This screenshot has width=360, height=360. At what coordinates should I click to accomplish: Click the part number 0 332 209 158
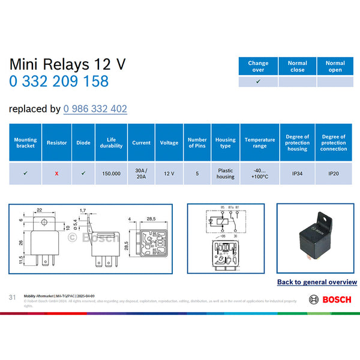coord(59,82)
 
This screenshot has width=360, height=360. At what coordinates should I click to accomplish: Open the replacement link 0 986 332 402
coord(95,109)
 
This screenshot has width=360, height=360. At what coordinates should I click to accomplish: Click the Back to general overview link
coord(317,281)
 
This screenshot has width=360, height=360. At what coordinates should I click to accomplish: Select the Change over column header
coord(258,66)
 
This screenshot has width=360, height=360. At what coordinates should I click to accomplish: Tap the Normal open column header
coord(335,66)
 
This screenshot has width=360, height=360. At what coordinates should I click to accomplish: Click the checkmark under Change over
coord(258,81)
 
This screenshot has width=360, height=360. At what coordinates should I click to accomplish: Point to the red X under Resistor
coord(56,173)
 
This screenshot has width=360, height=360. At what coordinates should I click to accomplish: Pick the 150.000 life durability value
coord(111,173)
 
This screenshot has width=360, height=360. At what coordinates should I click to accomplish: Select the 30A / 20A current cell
coord(141,173)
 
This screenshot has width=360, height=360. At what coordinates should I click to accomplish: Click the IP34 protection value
coord(297,173)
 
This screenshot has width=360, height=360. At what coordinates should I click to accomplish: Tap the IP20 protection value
coord(334,173)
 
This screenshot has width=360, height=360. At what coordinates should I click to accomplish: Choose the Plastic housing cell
coord(226,173)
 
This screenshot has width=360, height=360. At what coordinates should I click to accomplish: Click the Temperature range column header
coord(260,143)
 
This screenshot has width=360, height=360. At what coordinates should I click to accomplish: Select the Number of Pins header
coord(197,143)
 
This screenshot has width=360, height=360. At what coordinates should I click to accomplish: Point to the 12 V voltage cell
coord(169,173)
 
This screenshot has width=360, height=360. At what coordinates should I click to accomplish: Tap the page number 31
coord(12,298)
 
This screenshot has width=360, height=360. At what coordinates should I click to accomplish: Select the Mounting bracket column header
coord(25,143)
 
